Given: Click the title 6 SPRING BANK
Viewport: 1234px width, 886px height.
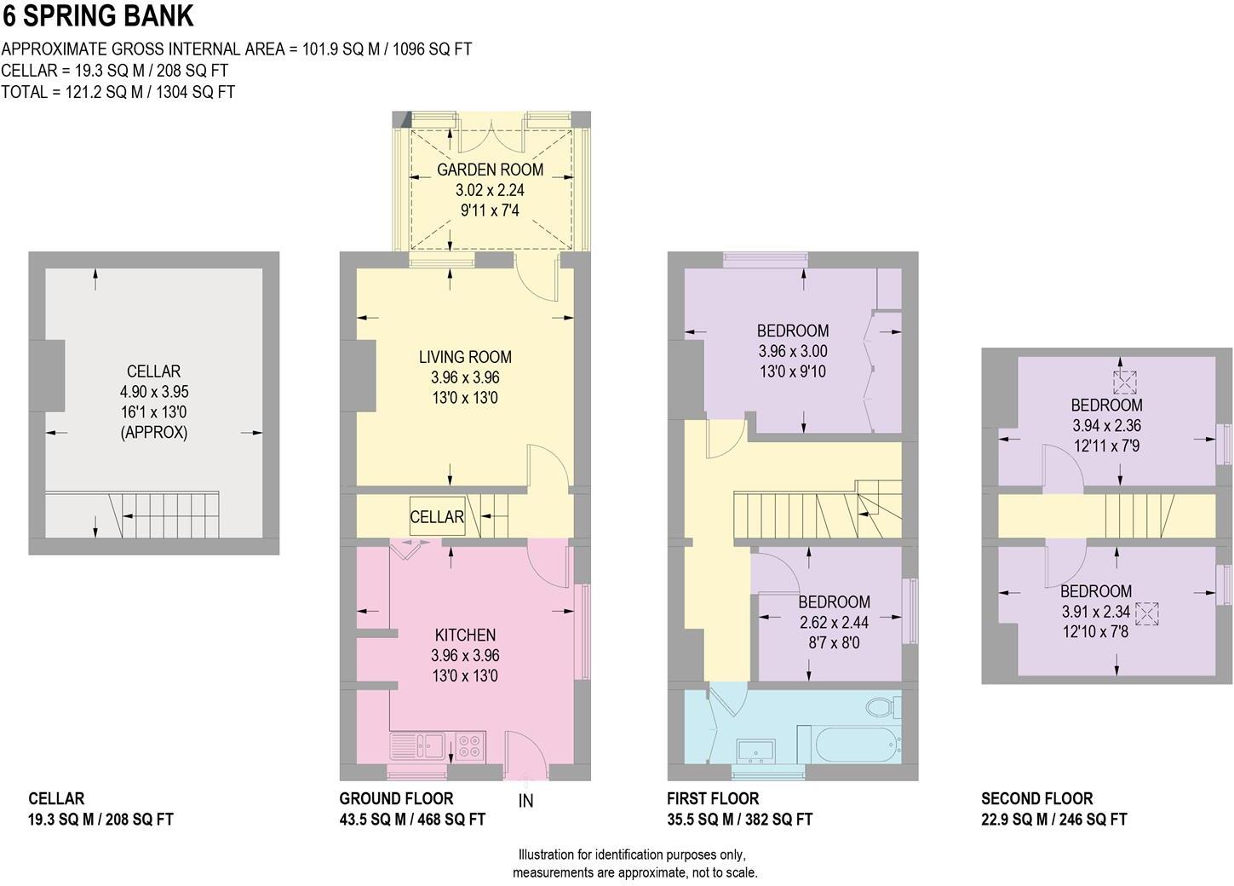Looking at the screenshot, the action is (98, 16).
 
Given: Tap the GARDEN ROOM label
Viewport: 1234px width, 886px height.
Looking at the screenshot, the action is (490, 170).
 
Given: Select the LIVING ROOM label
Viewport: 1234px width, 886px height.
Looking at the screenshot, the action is (465, 357).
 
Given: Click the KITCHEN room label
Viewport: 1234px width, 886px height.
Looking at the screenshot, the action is (465, 635).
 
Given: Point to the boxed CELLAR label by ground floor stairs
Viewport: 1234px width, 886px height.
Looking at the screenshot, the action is (437, 516).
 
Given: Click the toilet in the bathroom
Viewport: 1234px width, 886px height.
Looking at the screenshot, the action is (882, 706).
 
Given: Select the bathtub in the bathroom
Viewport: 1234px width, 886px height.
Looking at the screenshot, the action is (858, 744).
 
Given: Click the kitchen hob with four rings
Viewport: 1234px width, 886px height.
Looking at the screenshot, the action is (470, 746).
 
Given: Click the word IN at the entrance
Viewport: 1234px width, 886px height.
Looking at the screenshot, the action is (525, 801).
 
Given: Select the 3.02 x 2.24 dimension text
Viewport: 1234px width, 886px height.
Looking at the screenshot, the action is (490, 190).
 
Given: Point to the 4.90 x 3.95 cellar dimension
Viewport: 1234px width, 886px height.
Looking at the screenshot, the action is (154, 392).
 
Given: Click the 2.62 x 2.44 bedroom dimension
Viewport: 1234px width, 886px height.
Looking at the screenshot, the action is (834, 623).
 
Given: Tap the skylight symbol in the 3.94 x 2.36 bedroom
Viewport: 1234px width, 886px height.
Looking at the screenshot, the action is (1124, 383).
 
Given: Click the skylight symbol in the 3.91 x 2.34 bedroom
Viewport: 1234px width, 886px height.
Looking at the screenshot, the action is (1147, 613).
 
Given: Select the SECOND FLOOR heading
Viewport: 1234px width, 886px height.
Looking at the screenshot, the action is (1036, 798).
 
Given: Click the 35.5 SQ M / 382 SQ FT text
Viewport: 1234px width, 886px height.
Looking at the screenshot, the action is (739, 820).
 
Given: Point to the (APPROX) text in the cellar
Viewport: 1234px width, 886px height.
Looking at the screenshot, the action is (154, 433).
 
